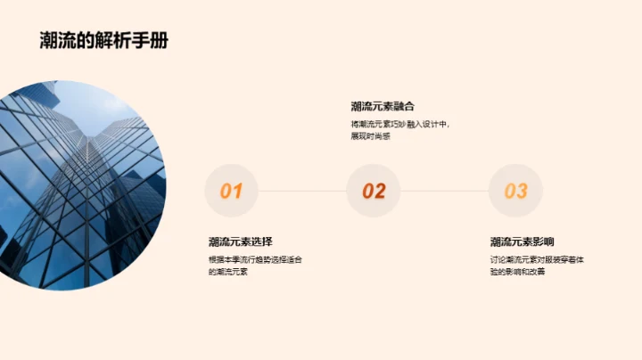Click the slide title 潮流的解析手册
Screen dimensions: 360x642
click(104, 41)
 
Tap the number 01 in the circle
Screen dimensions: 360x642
click(231, 191)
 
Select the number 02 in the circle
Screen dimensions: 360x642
click(374, 191)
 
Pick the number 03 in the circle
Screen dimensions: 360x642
click(516, 191)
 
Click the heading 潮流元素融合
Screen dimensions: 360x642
click(383, 106)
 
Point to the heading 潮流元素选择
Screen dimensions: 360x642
click(241, 241)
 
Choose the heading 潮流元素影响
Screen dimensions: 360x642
click(523, 241)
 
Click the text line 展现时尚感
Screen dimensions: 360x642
click(371, 136)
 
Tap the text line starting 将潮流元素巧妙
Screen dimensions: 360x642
click(400, 125)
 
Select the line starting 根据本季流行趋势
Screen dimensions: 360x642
click(255, 259)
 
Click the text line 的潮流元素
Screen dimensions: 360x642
click(227, 271)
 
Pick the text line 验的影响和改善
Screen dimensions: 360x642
click(517, 271)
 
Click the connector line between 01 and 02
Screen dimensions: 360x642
click(302, 191)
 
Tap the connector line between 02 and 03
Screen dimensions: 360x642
click(445, 191)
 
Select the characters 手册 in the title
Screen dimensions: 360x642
click(153, 41)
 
